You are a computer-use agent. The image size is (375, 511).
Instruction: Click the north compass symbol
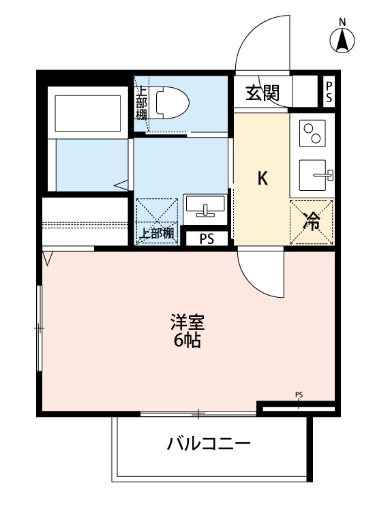click(x=344, y=41)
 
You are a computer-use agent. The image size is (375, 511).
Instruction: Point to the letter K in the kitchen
click(x=262, y=179)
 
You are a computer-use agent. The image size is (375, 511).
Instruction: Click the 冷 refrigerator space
click(x=312, y=221)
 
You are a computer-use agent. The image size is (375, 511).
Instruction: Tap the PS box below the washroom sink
click(x=207, y=239)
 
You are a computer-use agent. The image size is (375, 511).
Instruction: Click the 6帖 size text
click(x=187, y=340)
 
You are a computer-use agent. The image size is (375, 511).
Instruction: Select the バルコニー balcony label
click(x=209, y=446)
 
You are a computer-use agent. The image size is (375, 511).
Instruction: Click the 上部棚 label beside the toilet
click(x=140, y=102)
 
